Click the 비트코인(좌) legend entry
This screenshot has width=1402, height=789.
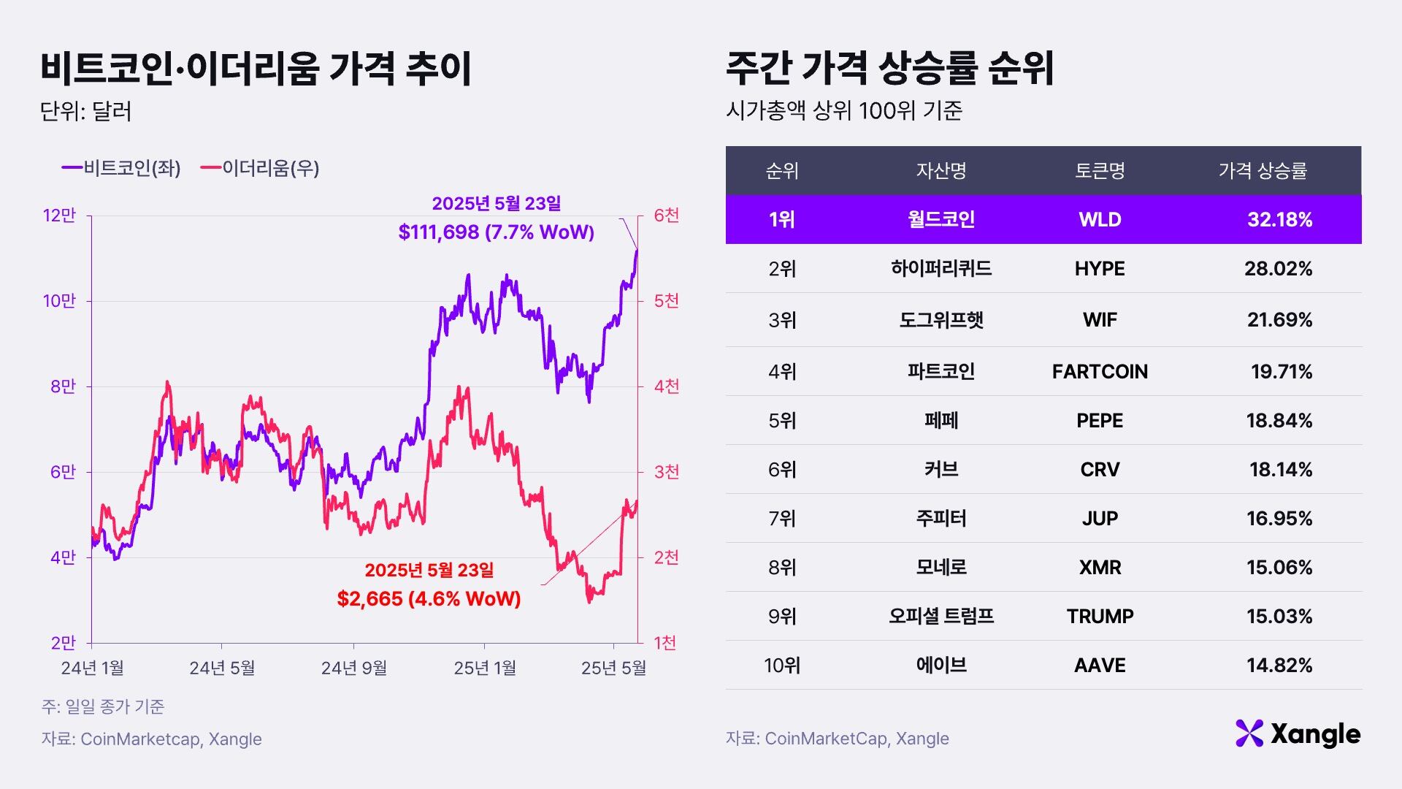pyautogui.click(x=121, y=168)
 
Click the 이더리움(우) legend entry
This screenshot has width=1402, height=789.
pyautogui.click(x=260, y=168)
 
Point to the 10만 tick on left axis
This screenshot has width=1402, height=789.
pyautogui.click(x=60, y=301)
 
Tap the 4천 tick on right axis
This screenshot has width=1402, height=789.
pyautogui.click(x=666, y=386)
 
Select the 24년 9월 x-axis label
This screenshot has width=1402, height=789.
pyautogui.click(x=354, y=668)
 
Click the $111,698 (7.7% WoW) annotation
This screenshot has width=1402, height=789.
pyautogui.click(x=497, y=232)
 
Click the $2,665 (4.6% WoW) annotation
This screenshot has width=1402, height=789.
pyautogui.click(x=429, y=599)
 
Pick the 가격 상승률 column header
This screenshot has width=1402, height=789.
pyautogui.click(x=1263, y=171)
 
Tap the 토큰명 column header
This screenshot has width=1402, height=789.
pyautogui.click(x=1100, y=171)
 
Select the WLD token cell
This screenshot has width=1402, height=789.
pyautogui.click(x=1100, y=219)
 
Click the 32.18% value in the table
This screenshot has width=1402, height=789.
pyautogui.click(x=1279, y=219)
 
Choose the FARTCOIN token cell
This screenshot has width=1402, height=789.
pyautogui.click(x=1100, y=372)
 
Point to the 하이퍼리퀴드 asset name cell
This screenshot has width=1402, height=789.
pyautogui.click(x=941, y=269)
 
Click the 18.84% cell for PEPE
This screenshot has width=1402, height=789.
pyautogui.click(x=1279, y=421)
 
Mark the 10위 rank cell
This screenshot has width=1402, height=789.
pyautogui.click(x=782, y=666)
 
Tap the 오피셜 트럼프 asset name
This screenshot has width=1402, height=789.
pyautogui.click(x=941, y=617)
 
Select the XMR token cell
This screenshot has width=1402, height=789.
pyautogui.click(x=1100, y=568)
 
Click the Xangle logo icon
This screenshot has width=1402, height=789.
pyautogui.click(x=1249, y=733)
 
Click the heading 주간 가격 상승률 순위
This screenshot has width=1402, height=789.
pyautogui.click(x=890, y=69)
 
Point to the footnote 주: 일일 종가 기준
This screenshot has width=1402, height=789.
pyautogui.click(x=103, y=706)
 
